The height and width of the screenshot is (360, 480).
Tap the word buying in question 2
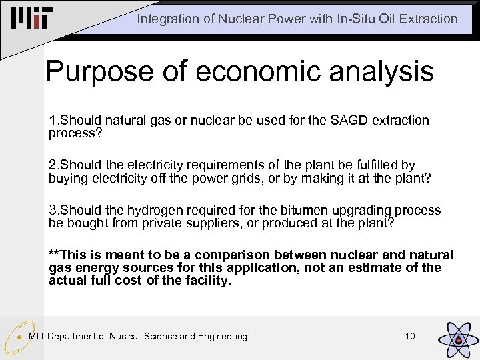67,178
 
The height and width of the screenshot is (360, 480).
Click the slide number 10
409,336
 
